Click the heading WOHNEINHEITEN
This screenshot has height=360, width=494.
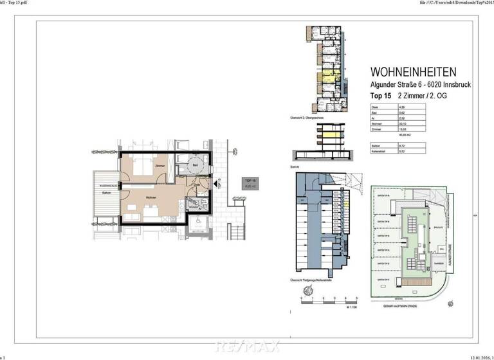coord(414,72)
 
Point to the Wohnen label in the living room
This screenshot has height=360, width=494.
coord(152,197)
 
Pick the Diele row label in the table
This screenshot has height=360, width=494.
coord(374,107)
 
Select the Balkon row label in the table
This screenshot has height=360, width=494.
coord(376,147)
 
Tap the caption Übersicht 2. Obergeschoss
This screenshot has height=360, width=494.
coord(306,118)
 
